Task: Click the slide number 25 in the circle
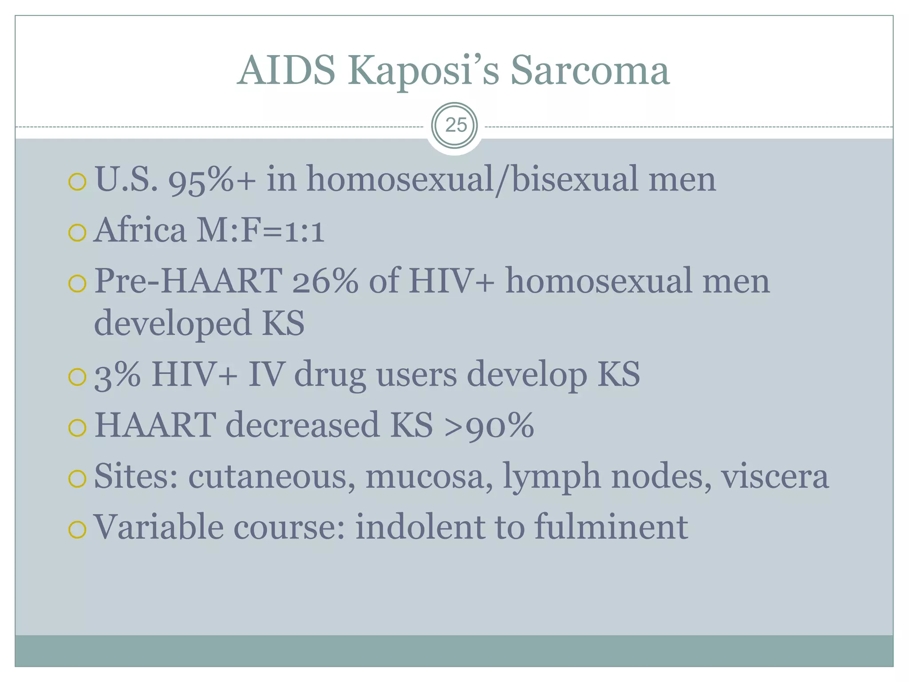coord(455,125)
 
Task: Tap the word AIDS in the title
coord(286,71)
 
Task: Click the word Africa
coord(140,230)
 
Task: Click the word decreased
coord(302,425)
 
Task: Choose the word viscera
coord(775,476)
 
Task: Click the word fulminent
coord(611,527)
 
